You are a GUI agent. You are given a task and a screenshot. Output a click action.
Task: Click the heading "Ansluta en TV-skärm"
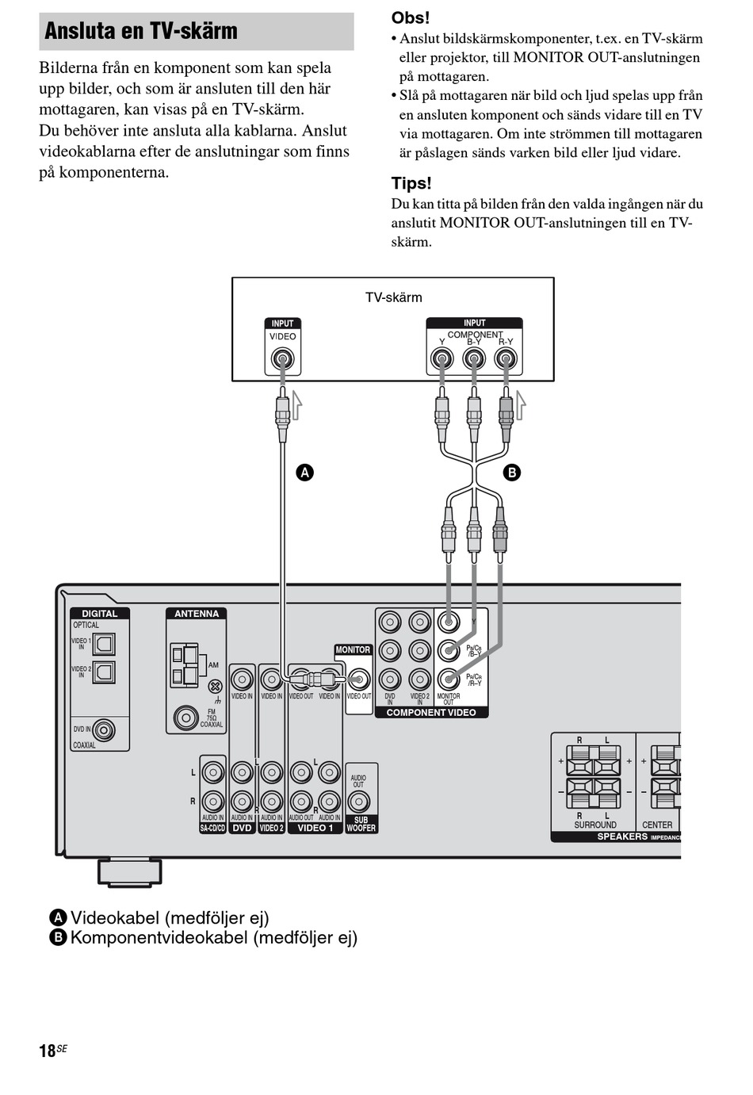141,31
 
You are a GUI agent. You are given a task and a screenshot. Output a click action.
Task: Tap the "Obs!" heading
410,17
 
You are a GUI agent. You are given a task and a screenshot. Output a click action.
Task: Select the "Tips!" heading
411,183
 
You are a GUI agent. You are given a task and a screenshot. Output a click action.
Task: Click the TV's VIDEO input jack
282,360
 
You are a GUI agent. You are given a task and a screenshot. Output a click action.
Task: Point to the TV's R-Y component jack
506,360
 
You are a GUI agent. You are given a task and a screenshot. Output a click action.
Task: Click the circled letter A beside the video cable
304,473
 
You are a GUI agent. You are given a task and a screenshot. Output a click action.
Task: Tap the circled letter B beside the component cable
512,473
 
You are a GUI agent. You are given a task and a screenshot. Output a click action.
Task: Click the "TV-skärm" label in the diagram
393,297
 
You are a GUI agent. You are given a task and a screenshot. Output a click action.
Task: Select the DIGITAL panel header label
99,614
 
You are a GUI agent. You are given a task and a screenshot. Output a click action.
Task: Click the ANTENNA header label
197,614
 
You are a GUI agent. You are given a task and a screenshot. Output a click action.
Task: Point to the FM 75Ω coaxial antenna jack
185,718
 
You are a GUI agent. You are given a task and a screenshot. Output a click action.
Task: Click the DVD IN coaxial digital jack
103,729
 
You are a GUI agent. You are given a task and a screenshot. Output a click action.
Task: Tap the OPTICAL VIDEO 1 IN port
104,644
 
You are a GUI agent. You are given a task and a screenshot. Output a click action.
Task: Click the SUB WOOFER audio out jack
359,802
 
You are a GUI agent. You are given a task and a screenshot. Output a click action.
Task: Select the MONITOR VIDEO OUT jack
358,680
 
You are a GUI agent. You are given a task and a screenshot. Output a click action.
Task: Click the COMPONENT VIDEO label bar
431,712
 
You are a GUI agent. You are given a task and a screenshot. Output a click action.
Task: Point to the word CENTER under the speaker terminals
656,825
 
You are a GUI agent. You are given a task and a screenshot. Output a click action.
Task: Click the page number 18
48,1051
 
